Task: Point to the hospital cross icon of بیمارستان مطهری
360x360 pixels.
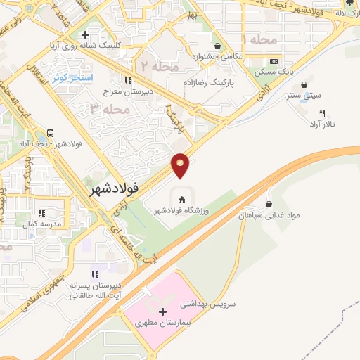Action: click(x=163, y=311)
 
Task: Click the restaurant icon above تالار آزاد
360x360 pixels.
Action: click(x=323, y=112)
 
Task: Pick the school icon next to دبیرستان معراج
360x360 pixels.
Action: click(x=127, y=79)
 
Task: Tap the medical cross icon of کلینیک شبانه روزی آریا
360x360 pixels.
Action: click(x=85, y=34)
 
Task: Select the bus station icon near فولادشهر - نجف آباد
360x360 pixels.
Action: click(x=51, y=132)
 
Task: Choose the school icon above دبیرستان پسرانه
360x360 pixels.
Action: click(x=95, y=274)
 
